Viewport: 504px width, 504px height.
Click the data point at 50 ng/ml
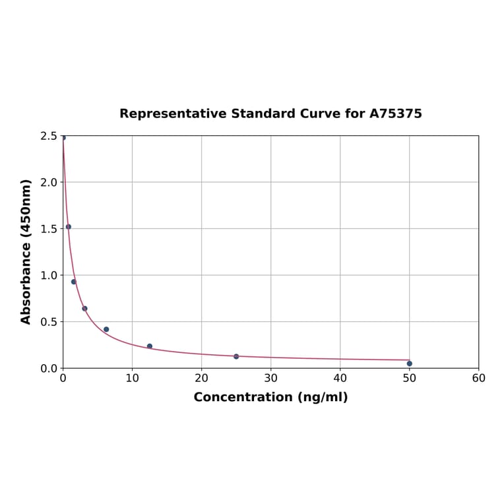tap(409, 363)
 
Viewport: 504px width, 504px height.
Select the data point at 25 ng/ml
tap(236, 356)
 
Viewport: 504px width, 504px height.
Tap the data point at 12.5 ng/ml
tap(150, 346)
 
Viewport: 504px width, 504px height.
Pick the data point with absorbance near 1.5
tap(69, 227)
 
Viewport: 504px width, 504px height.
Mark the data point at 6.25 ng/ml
tap(106, 329)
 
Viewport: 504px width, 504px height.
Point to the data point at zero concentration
tap(63, 137)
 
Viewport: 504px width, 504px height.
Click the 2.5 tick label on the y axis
tap(48, 136)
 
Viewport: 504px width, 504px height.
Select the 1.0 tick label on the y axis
tap(48, 275)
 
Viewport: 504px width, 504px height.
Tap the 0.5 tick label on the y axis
tap(48, 322)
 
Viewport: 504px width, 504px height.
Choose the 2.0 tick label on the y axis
tap(48, 182)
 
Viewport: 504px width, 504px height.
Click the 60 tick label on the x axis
tap(478, 379)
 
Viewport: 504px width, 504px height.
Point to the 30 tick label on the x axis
tap(270, 379)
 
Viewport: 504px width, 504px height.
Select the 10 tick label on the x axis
tap(132, 379)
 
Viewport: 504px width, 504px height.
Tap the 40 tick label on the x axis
tap(340, 379)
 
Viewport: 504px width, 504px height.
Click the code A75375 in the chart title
tap(395, 113)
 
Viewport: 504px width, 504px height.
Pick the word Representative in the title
tap(173, 113)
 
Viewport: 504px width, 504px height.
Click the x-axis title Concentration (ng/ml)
tap(270, 397)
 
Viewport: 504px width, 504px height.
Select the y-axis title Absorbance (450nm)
tap(26, 251)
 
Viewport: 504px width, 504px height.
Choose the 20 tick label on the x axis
tap(201, 379)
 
